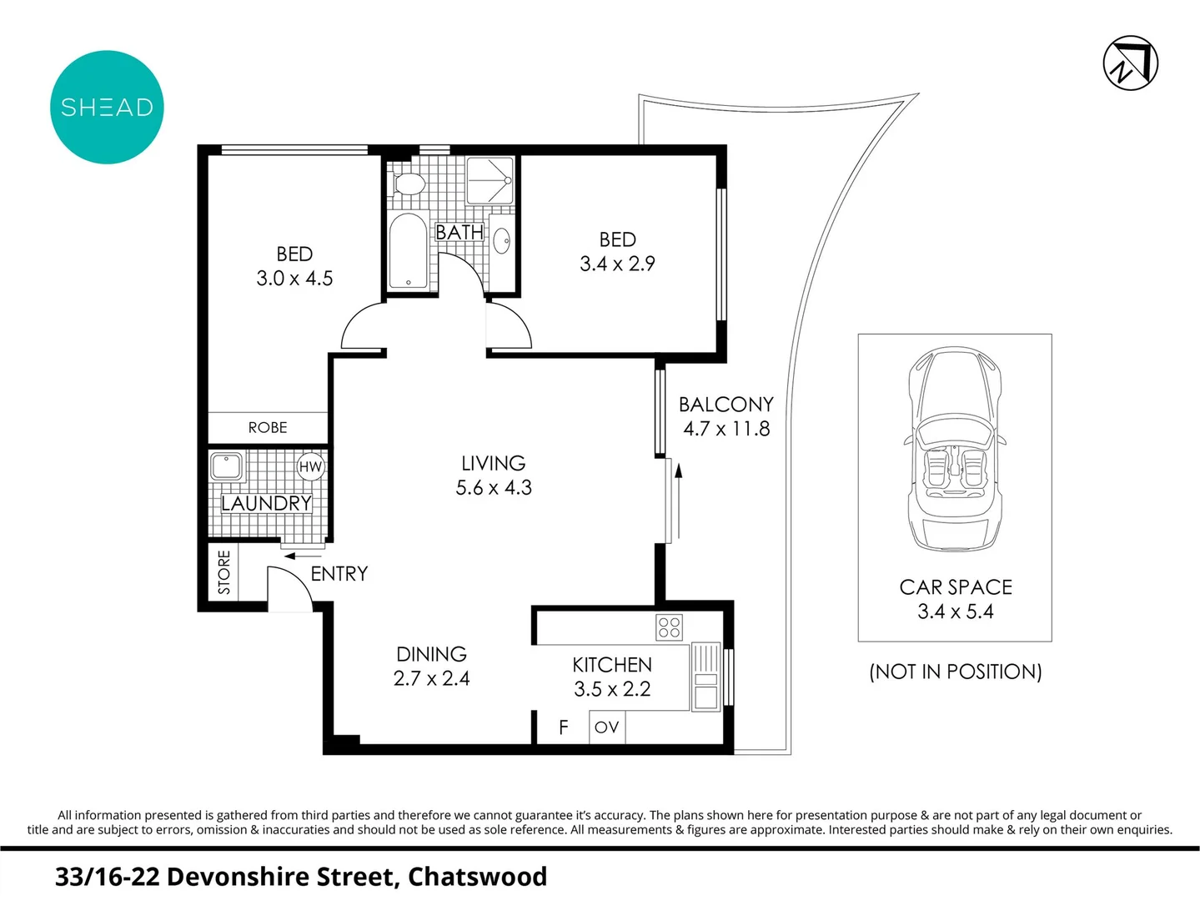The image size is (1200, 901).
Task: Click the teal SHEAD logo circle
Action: [x=107, y=108]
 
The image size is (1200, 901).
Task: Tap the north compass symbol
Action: [x=1130, y=63]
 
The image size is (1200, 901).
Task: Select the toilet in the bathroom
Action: [x=408, y=183]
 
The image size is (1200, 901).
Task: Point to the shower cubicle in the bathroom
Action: [x=490, y=180]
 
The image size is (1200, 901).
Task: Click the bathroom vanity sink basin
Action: [x=502, y=241]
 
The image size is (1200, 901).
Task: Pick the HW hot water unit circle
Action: [x=310, y=467]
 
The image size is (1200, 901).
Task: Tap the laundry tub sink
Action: [x=226, y=466]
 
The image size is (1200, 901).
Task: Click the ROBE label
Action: [x=268, y=427]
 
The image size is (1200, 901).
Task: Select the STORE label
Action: [x=223, y=571]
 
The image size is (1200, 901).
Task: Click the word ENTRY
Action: [x=339, y=574]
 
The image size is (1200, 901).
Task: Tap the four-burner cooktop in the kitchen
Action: [x=670, y=627]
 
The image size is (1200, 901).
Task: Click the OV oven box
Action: [x=606, y=727]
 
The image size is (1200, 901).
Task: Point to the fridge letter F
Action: [x=564, y=727]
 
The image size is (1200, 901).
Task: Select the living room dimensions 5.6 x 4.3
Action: [x=494, y=488]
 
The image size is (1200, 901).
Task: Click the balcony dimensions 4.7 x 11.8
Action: [x=726, y=429]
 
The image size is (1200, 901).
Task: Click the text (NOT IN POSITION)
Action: [x=955, y=672]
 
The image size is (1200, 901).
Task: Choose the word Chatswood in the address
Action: [x=477, y=877]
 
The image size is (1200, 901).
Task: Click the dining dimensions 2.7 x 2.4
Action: [x=431, y=679]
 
